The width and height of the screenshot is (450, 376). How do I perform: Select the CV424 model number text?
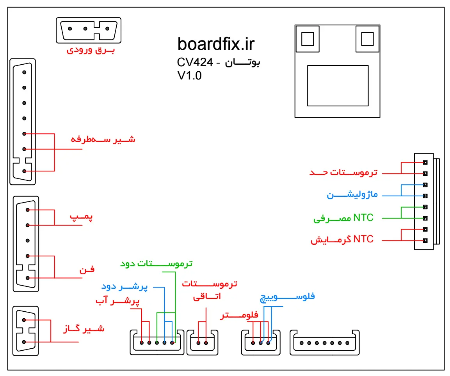(x=194, y=62)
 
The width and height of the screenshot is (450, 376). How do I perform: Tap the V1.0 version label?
(x=189, y=76)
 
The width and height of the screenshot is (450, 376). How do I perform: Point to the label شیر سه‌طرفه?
(x=103, y=139)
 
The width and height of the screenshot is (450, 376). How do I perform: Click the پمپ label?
(x=82, y=217)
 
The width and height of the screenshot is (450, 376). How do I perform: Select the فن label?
(x=87, y=269)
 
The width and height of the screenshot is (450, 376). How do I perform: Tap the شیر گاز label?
(x=84, y=328)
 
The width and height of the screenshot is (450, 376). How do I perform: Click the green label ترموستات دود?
(x=156, y=263)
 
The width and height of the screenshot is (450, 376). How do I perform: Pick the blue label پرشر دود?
(x=125, y=287)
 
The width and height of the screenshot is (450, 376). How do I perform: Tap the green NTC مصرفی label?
(x=343, y=218)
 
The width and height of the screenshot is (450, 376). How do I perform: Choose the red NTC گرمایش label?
(x=342, y=240)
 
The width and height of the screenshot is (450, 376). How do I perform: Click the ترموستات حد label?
(x=343, y=172)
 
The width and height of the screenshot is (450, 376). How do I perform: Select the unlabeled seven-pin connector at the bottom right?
(x=324, y=343)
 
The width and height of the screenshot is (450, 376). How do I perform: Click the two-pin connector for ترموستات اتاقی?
(x=202, y=343)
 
